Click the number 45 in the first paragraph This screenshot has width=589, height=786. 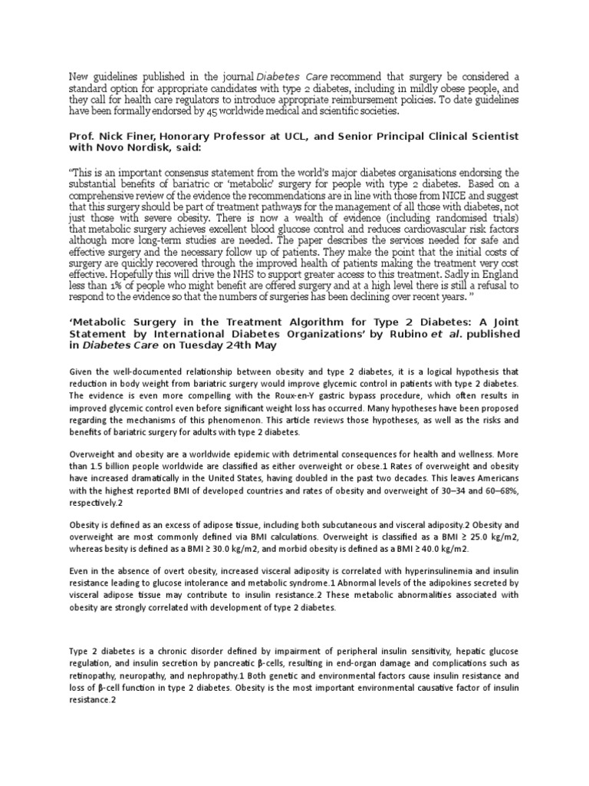point(227,111)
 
